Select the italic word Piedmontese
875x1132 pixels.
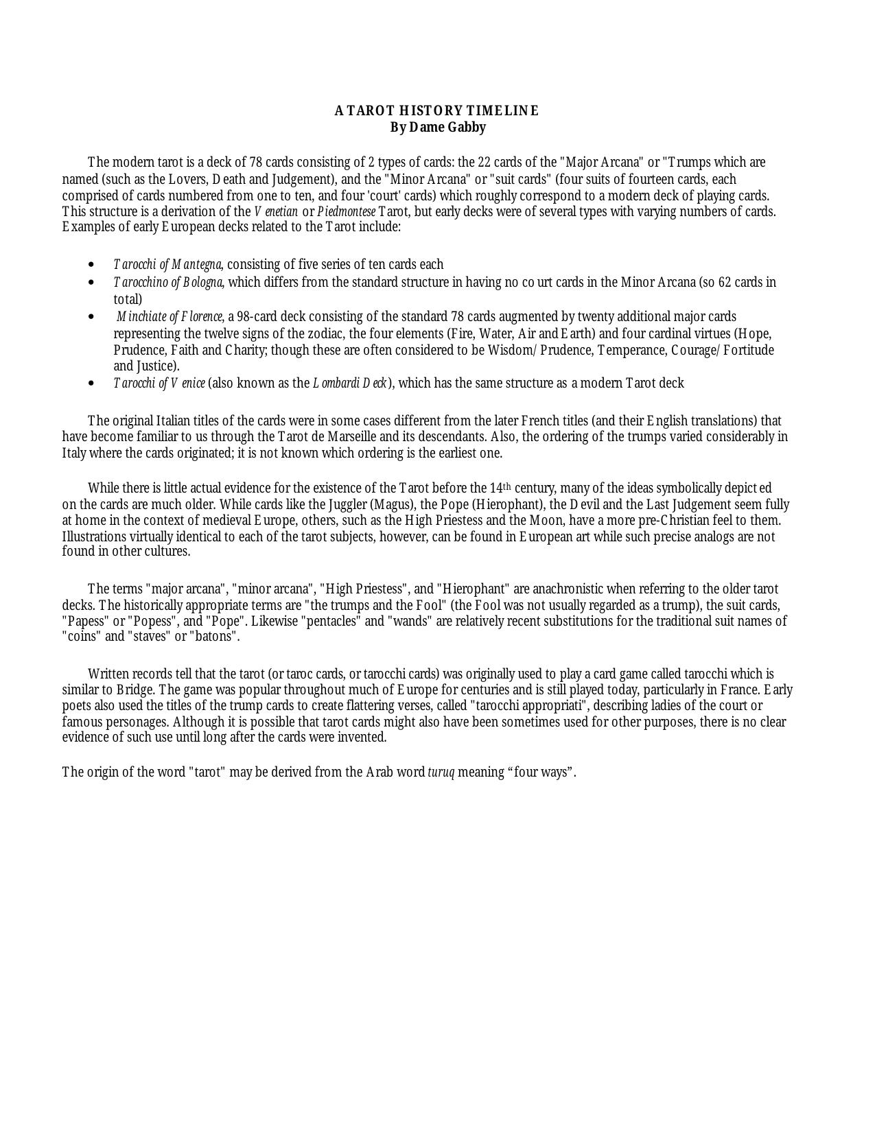click(x=346, y=211)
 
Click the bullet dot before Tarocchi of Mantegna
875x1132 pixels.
click(x=92, y=265)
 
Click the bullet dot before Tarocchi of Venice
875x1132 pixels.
click(x=92, y=384)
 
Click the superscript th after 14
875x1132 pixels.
click(x=508, y=486)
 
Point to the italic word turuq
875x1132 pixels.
click(x=441, y=773)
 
